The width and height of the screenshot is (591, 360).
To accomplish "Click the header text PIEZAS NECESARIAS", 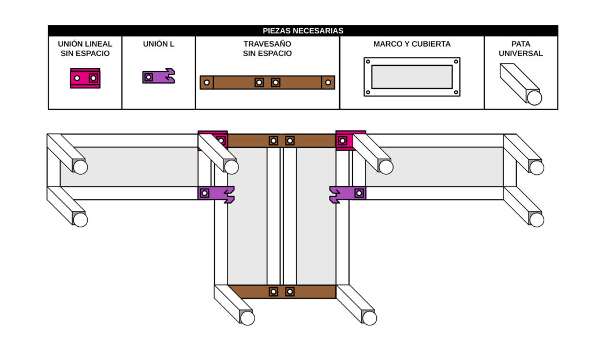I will [x=303, y=31].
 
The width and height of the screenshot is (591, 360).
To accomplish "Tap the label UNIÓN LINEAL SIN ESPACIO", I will [x=85, y=48].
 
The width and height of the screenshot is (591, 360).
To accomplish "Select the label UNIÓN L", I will [x=159, y=44].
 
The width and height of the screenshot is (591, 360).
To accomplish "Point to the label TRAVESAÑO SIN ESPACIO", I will [x=267, y=48].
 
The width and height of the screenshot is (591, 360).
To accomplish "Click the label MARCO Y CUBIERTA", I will [x=412, y=44].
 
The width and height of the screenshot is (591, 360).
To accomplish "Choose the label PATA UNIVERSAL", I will [x=521, y=48].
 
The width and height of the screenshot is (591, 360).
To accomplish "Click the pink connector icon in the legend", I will [x=85, y=78].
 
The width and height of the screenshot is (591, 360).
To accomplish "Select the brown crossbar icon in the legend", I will [x=267, y=82].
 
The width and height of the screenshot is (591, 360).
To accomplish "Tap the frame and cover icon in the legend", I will [x=412, y=77].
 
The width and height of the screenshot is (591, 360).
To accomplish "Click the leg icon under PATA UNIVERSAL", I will [x=520, y=84].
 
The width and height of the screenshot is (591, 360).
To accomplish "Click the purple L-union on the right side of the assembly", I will [x=348, y=194].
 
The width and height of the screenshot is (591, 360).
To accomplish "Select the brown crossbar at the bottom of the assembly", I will [x=282, y=291].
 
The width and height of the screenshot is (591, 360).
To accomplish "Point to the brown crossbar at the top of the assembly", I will [x=282, y=140].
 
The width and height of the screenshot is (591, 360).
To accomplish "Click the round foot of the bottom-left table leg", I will [x=248, y=318].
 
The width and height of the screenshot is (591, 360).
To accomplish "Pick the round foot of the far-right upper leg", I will [x=537, y=167].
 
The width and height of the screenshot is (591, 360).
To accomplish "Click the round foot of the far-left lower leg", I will [x=80, y=220].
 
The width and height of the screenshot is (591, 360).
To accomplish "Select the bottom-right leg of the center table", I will [x=356, y=304].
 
